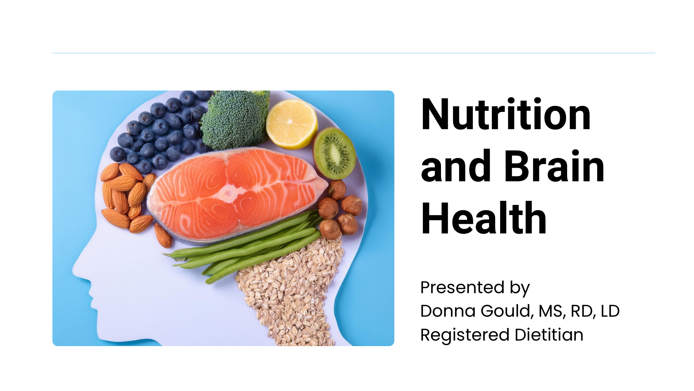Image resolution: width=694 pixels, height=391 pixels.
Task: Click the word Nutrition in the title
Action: click(506, 114)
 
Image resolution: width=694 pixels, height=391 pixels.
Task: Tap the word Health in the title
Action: click(484, 218)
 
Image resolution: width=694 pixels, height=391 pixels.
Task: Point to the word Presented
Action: click(462, 287)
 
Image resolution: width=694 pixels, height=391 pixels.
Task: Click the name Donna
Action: click(448, 311)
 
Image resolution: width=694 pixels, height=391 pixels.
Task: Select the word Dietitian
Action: click(549, 335)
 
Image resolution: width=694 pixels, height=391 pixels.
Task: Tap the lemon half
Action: click(292, 124)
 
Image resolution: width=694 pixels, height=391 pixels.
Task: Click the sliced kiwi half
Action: click(334, 153)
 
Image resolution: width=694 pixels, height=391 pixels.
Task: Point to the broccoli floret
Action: click(235, 119)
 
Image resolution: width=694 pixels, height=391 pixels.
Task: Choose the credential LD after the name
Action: click(610, 311)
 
